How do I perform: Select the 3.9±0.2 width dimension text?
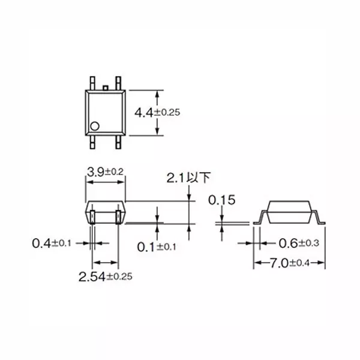point(105,172)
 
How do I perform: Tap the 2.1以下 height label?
point(188,178)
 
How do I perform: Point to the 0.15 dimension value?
point(221,200)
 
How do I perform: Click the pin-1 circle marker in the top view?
point(94,126)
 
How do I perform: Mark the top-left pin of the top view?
point(93,80)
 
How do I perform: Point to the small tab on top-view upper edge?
point(106,88)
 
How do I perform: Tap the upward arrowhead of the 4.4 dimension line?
point(158,94)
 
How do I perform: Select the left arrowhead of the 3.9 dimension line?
point(88,182)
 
